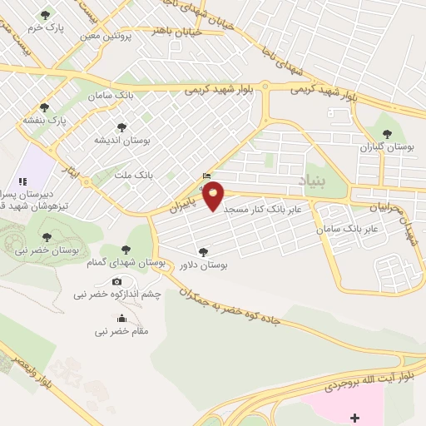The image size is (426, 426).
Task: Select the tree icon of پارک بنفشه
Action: [x=44, y=107]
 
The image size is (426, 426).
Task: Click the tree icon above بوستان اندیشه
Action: [x=122, y=127]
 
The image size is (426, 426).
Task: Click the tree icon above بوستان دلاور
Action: [x=205, y=250]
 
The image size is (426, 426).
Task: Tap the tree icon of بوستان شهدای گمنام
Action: [x=126, y=249]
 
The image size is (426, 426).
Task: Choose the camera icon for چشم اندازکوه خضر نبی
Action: [x=116, y=280]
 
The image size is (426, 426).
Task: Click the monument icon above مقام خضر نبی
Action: [x=122, y=318]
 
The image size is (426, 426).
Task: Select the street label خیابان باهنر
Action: [x=173, y=30]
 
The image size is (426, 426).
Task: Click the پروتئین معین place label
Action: [x=106, y=36]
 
